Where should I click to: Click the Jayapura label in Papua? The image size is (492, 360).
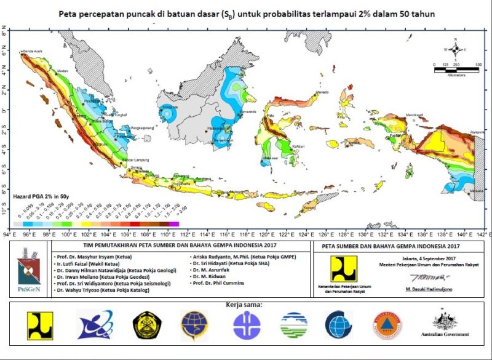pos(475,131)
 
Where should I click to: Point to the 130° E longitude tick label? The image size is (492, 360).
pos(365,234)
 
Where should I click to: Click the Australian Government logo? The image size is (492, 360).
pos(452,325)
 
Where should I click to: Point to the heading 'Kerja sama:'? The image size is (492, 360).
pos(245,305)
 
